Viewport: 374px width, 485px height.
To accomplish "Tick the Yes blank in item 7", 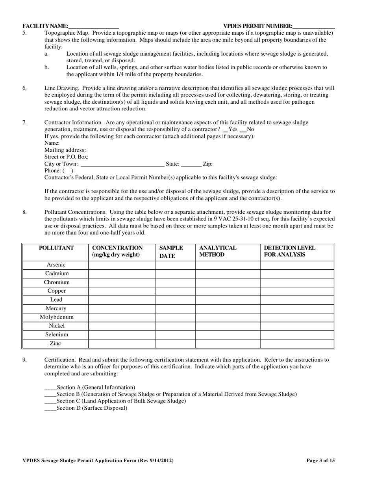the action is pos(225,130).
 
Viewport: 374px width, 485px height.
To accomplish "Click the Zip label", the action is pos(207,164).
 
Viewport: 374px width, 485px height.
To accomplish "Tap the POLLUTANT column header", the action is pos(56,248).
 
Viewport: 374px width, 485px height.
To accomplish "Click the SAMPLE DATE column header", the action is pos(171,252).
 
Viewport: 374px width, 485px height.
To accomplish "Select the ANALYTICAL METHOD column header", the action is pos(218,252).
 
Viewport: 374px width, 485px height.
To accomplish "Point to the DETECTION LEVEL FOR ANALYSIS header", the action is pos(289,252).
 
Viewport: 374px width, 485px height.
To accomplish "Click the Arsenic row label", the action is pos(56,265).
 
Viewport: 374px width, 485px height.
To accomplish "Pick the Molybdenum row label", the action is pos(56,317).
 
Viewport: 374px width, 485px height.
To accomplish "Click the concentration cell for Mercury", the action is pos(122,308).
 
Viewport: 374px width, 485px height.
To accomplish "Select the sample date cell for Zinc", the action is pos(175,343).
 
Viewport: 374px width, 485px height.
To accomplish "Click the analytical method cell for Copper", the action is pos(228,291).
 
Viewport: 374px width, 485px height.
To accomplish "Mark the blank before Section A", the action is pos(50,388).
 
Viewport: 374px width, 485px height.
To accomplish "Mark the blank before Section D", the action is pos(50,409).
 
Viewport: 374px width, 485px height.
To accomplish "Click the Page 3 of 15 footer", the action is pos(320,461).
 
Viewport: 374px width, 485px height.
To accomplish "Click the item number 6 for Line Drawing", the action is pos(24,88).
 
